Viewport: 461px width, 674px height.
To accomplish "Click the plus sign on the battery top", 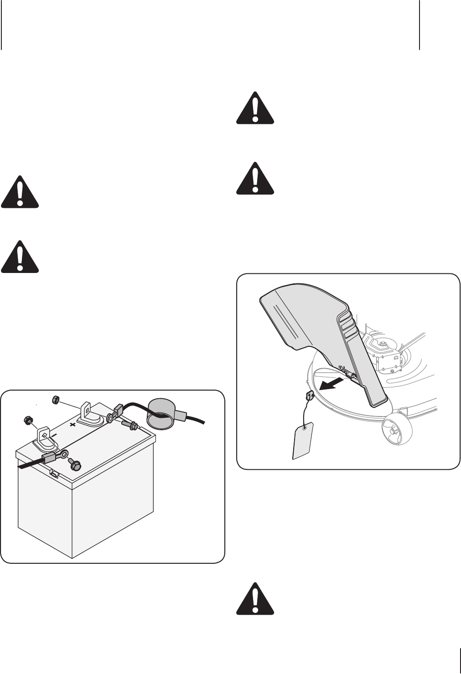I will tap(73, 424).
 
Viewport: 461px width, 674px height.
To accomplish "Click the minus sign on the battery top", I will tap(54, 436).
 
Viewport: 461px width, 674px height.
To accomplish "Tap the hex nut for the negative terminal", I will tap(26, 420).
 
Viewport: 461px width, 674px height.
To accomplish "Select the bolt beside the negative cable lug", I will tap(75, 465).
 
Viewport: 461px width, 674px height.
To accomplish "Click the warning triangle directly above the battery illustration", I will tap(20, 257).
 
